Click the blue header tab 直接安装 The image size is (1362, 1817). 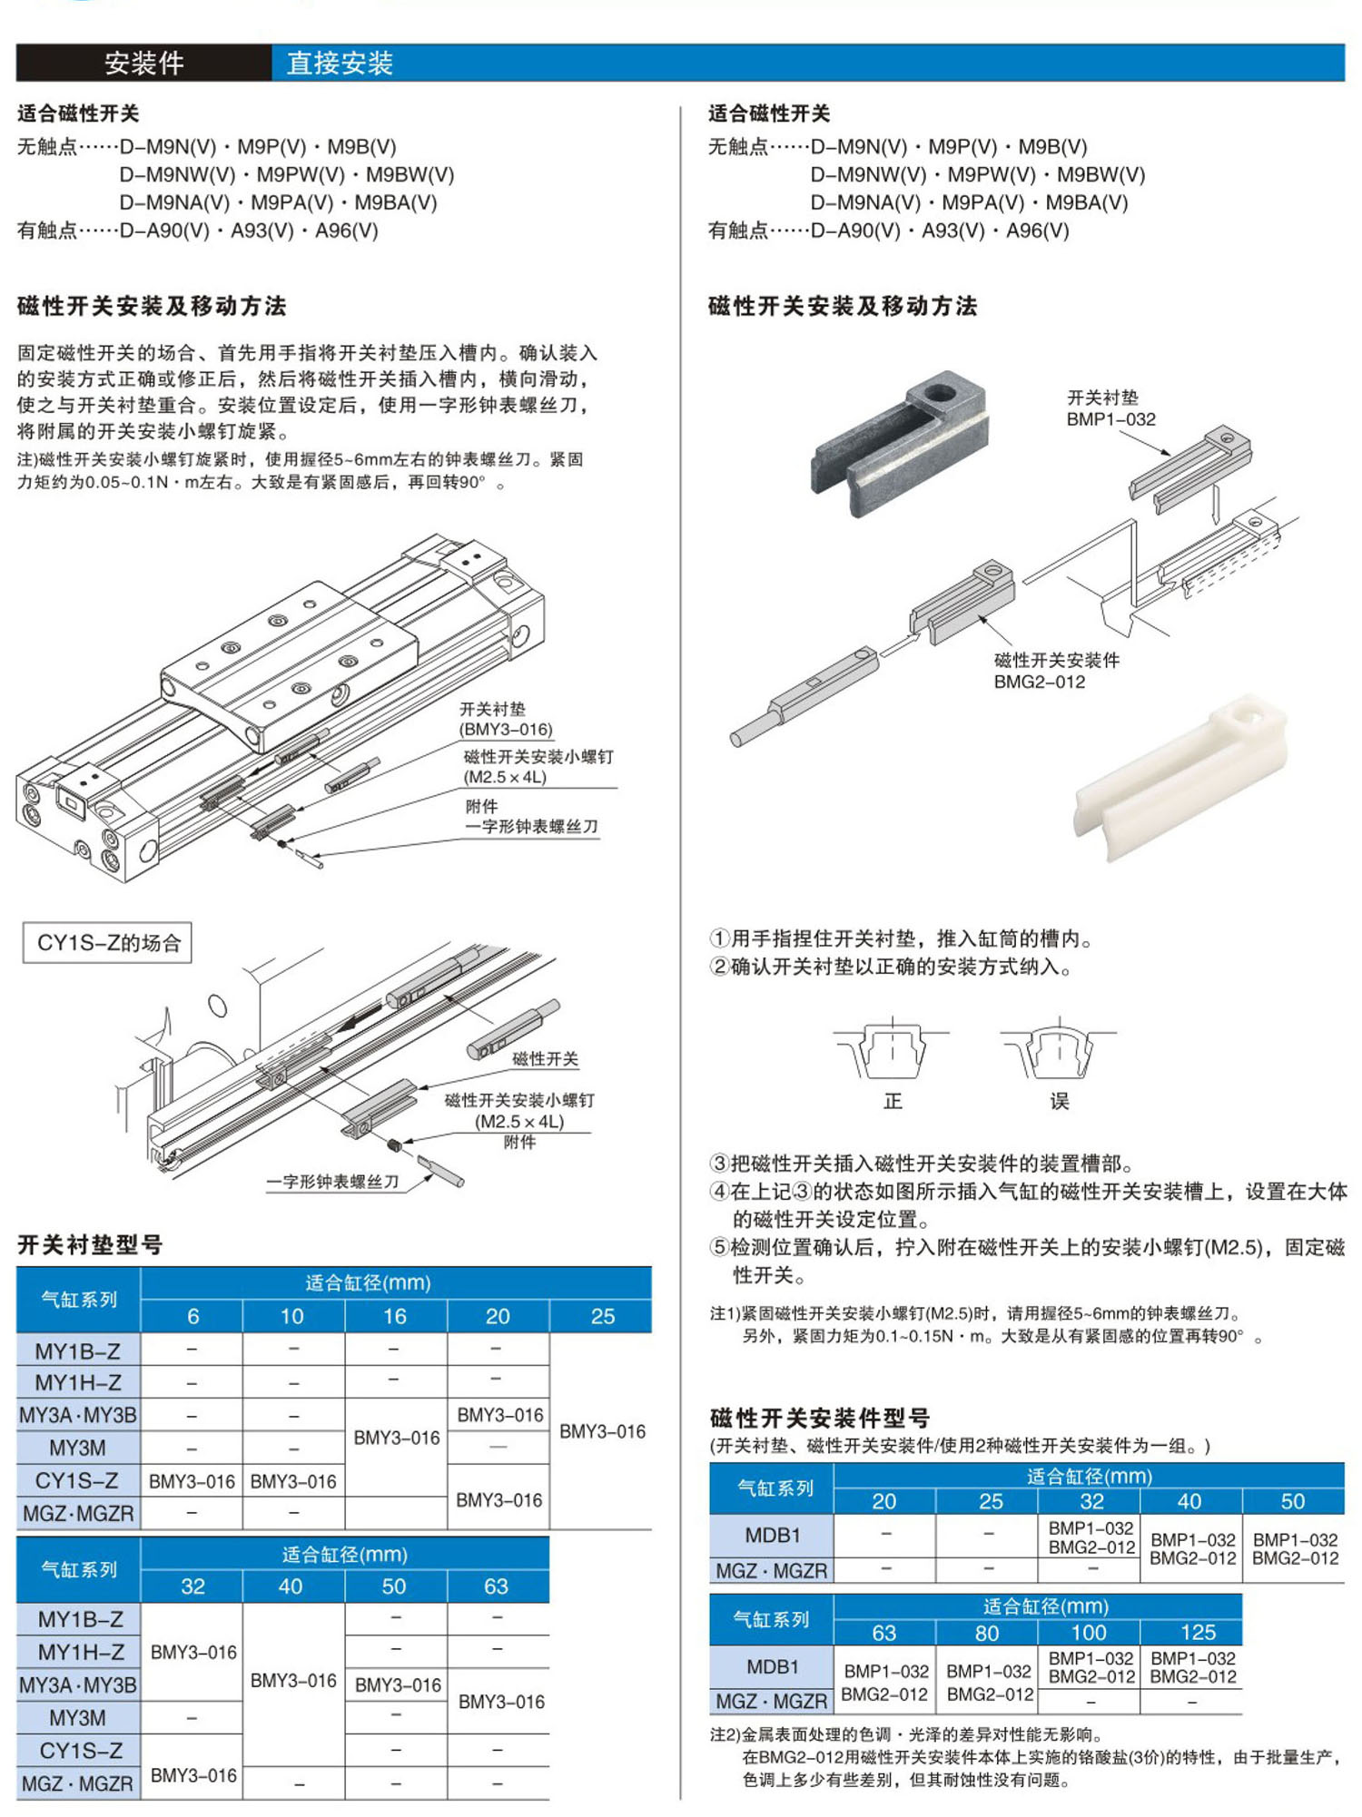340,63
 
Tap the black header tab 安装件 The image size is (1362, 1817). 143,63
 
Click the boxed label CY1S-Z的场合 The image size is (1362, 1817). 108,943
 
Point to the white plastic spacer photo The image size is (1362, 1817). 1180,779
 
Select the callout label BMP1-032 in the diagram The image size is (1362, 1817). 1111,419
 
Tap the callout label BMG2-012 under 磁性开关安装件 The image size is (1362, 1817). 1040,682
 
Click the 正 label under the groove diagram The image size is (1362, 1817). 893,1101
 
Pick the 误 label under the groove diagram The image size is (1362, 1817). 1060,1101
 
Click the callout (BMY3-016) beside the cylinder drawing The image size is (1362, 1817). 506,729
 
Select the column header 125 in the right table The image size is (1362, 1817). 1198,1632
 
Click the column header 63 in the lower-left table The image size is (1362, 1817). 496,1586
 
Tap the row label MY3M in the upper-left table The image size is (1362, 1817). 78,1448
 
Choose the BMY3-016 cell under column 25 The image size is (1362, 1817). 602,1431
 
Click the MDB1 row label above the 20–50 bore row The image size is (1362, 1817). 772,1535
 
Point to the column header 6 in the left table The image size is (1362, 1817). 192,1316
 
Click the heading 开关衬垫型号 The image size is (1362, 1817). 90,1244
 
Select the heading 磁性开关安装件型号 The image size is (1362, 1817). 820,1418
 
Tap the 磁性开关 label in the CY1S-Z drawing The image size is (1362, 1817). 545,1058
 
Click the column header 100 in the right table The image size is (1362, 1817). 1089,1632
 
